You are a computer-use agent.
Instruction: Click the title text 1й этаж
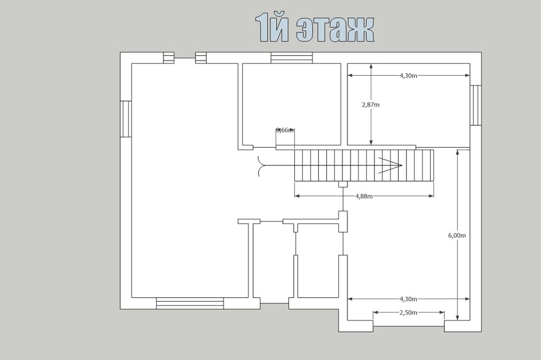click(x=314, y=30)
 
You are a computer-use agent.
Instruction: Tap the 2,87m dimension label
click(x=371, y=105)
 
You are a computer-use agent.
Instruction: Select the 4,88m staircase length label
click(x=364, y=196)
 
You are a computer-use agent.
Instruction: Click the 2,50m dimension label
click(x=409, y=312)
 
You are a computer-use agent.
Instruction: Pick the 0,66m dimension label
click(x=285, y=130)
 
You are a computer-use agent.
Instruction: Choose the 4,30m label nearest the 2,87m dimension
click(x=408, y=76)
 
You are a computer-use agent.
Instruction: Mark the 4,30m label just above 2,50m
click(x=408, y=298)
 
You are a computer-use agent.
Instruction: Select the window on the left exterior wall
click(x=126, y=119)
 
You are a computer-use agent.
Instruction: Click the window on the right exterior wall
click(x=476, y=105)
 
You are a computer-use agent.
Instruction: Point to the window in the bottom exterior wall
click(x=190, y=303)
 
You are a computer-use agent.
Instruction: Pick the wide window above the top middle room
click(x=292, y=58)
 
